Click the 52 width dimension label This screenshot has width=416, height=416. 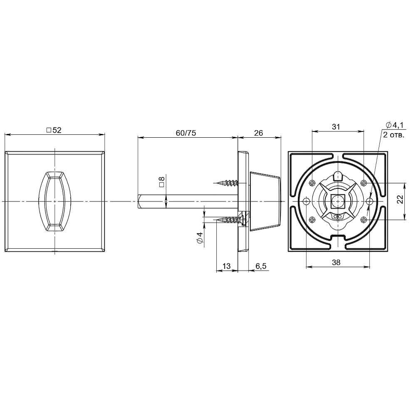click(x=54, y=130)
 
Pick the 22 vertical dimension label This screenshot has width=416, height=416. click(x=400, y=201)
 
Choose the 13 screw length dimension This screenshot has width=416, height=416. click(x=227, y=266)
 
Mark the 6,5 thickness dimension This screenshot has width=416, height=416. click(x=261, y=266)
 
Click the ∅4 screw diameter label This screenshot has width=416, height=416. click(x=200, y=238)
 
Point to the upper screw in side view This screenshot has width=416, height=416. click(x=228, y=182)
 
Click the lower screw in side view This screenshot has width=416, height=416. click(x=228, y=220)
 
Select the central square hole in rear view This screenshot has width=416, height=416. click(x=338, y=202)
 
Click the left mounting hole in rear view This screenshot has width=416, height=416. click(x=306, y=202)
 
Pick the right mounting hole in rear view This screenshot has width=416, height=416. click(x=370, y=202)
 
